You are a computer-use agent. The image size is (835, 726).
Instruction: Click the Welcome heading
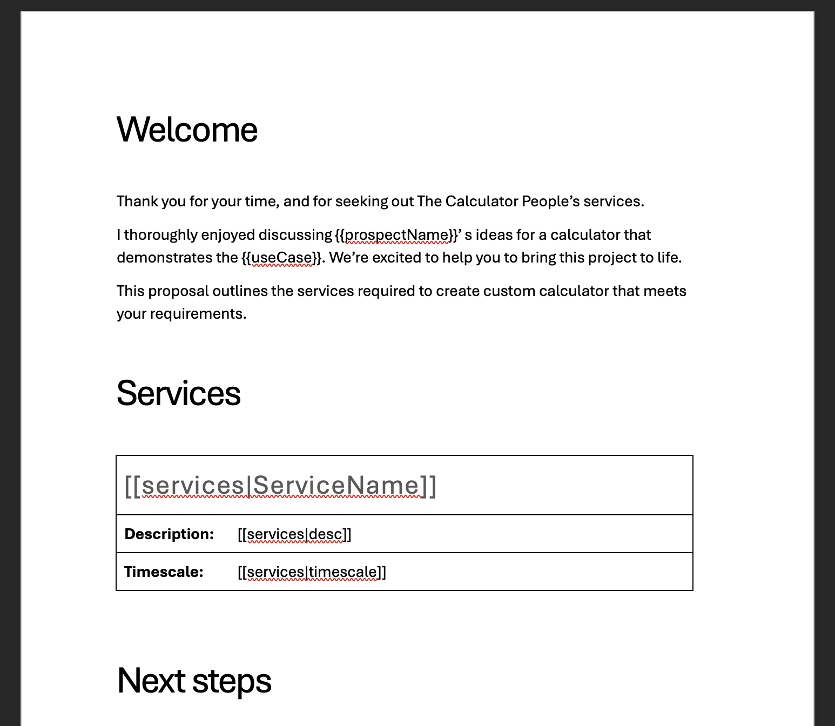187,130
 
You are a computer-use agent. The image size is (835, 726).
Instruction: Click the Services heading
178,393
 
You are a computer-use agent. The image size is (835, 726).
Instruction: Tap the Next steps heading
194,681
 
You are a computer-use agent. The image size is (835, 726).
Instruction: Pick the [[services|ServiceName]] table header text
280,486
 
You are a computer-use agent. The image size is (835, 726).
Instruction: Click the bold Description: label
169,534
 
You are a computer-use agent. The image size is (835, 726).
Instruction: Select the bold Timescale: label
164,572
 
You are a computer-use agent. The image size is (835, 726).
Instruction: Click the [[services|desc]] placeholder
294,535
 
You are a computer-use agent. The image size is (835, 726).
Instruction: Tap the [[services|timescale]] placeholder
312,573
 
